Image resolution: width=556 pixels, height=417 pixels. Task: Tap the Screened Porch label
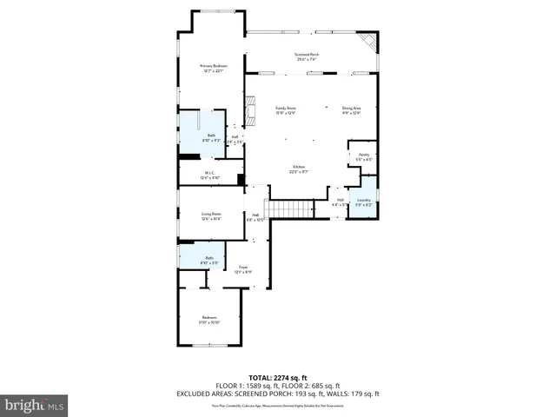click(308, 56)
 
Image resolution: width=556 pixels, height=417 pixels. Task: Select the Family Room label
click(286, 110)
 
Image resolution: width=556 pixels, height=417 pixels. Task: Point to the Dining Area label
click(350, 110)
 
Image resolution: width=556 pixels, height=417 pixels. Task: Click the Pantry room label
click(363, 157)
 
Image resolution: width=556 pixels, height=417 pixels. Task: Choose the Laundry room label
click(363, 202)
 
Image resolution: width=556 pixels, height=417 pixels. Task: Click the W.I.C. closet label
click(210, 175)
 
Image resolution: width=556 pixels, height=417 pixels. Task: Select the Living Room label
click(211, 215)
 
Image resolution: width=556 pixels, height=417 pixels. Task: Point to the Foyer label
click(243, 269)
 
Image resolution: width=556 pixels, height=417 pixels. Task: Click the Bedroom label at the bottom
click(209, 319)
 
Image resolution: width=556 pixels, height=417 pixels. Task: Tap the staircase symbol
click(290, 208)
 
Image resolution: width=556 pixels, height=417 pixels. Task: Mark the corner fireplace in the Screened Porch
click(368, 42)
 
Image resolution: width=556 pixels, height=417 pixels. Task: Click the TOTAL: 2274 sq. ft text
click(277, 377)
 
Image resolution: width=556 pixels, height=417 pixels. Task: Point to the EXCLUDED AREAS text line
click(277, 393)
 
